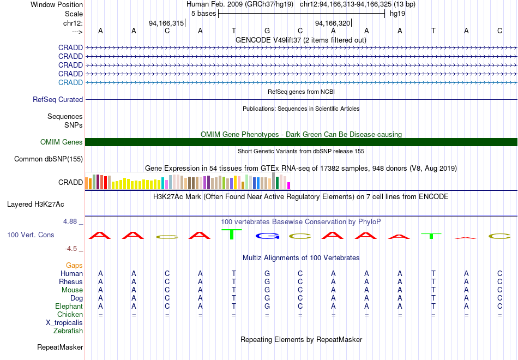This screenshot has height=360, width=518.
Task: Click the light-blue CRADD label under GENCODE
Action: point(70,82)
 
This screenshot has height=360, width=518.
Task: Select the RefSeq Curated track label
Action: point(58,100)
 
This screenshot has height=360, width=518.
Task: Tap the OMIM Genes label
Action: point(62,142)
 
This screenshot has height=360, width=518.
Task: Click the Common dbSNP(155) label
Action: point(49,159)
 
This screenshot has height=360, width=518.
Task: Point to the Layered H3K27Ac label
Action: point(35,205)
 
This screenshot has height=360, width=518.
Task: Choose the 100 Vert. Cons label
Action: point(31,235)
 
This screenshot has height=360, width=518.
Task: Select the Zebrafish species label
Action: point(68,331)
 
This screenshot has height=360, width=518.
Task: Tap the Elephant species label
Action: point(69,307)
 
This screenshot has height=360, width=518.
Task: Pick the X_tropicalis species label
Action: point(64,323)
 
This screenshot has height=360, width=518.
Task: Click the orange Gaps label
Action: point(74,266)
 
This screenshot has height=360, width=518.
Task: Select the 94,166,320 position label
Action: point(333,23)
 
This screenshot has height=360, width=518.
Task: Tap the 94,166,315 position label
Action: point(166,23)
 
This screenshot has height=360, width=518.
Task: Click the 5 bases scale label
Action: point(203,13)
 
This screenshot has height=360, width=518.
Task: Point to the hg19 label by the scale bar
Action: point(397,13)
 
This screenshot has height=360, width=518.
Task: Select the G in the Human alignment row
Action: point(267,274)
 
